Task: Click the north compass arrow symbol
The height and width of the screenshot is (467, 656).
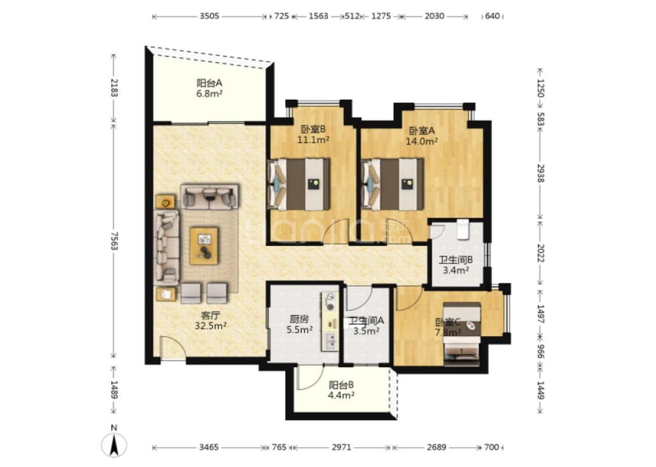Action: pyautogui.click(x=114, y=445)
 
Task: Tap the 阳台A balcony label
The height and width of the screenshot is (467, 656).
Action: pyautogui.click(x=209, y=83)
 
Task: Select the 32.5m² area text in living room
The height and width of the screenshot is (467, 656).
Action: pyautogui.click(x=211, y=325)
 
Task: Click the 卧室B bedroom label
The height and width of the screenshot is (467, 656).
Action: pyautogui.click(x=313, y=130)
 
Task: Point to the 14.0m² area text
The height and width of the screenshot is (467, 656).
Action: pyautogui.click(x=422, y=141)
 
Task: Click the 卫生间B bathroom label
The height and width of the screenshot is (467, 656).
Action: pyautogui.click(x=455, y=260)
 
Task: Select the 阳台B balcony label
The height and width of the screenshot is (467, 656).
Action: pyautogui.click(x=341, y=384)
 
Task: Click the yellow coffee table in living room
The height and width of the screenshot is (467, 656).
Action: pyautogui.click(x=204, y=246)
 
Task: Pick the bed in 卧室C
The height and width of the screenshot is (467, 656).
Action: pyautogui.click(x=461, y=334)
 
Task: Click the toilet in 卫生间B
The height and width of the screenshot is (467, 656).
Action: pyautogui.click(x=462, y=229)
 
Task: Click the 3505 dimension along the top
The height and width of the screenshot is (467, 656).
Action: pyautogui.click(x=209, y=16)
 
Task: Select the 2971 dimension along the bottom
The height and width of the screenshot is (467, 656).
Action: pyautogui.click(x=341, y=447)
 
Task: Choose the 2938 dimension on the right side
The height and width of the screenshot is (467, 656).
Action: pyautogui.click(x=540, y=173)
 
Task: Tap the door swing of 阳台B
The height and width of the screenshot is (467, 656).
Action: pyautogui.click(x=310, y=376)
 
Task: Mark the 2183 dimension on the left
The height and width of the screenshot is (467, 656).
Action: pyautogui.click(x=114, y=87)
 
